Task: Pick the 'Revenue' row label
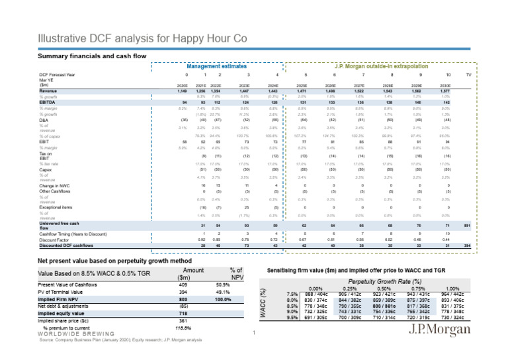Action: tap(50, 91)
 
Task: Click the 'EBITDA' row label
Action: tap(49, 103)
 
